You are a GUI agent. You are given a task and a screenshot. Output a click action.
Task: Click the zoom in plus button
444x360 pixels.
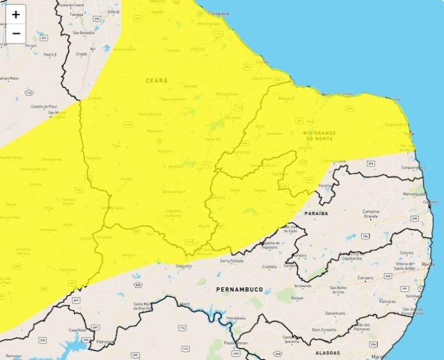pyautogui.click(x=16, y=14)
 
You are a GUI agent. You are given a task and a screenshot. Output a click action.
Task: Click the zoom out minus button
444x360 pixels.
pyautogui.click(x=16, y=33)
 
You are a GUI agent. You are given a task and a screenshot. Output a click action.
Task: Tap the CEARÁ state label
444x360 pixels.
pyautogui.click(x=156, y=80)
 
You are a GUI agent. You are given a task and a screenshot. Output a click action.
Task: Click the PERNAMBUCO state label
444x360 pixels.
pyautogui.click(x=239, y=289)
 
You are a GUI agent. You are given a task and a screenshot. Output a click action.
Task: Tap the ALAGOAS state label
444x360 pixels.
pyautogui.click(x=328, y=352)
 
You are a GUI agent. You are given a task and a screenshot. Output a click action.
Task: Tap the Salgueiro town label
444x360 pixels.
pyautogui.click(x=183, y=266)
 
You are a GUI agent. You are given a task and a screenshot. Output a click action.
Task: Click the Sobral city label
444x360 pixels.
pyautogui.click(x=114, y=11)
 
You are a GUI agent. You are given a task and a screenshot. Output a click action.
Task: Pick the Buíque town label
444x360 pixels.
pyautogui.click(x=297, y=297)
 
